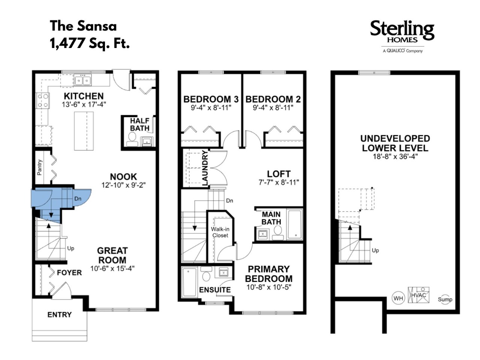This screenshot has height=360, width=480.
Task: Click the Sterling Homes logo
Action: click(x=402, y=36)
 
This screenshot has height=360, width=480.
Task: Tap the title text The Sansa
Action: click(x=83, y=26)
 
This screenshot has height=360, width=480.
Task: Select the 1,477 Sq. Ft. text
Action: click(x=90, y=43)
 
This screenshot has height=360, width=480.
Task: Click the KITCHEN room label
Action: click(x=84, y=96)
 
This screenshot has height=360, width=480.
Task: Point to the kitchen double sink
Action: click(x=82, y=80)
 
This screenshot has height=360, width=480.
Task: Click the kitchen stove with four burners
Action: click(x=43, y=100)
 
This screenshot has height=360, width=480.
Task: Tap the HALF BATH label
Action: click(x=139, y=124)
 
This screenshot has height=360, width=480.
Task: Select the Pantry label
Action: click(x=39, y=167)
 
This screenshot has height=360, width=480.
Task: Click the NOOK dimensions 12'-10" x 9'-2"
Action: click(x=123, y=185)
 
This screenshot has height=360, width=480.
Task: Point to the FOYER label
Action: click(x=69, y=273)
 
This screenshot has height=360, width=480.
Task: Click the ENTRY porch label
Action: click(x=60, y=315)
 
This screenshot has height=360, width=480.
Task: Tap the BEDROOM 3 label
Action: click(x=211, y=99)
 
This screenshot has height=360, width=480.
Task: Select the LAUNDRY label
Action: click(x=205, y=168)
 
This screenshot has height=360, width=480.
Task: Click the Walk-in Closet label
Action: click(x=220, y=232)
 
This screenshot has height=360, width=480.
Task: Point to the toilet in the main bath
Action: click(x=278, y=233)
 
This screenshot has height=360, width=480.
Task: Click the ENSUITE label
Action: click(x=215, y=290)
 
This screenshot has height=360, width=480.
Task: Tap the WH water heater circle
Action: click(x=398, y=298)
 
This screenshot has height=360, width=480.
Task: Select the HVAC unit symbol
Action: click(x=418, y=295)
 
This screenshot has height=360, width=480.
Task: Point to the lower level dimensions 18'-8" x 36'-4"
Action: click(x=395, y=156)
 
